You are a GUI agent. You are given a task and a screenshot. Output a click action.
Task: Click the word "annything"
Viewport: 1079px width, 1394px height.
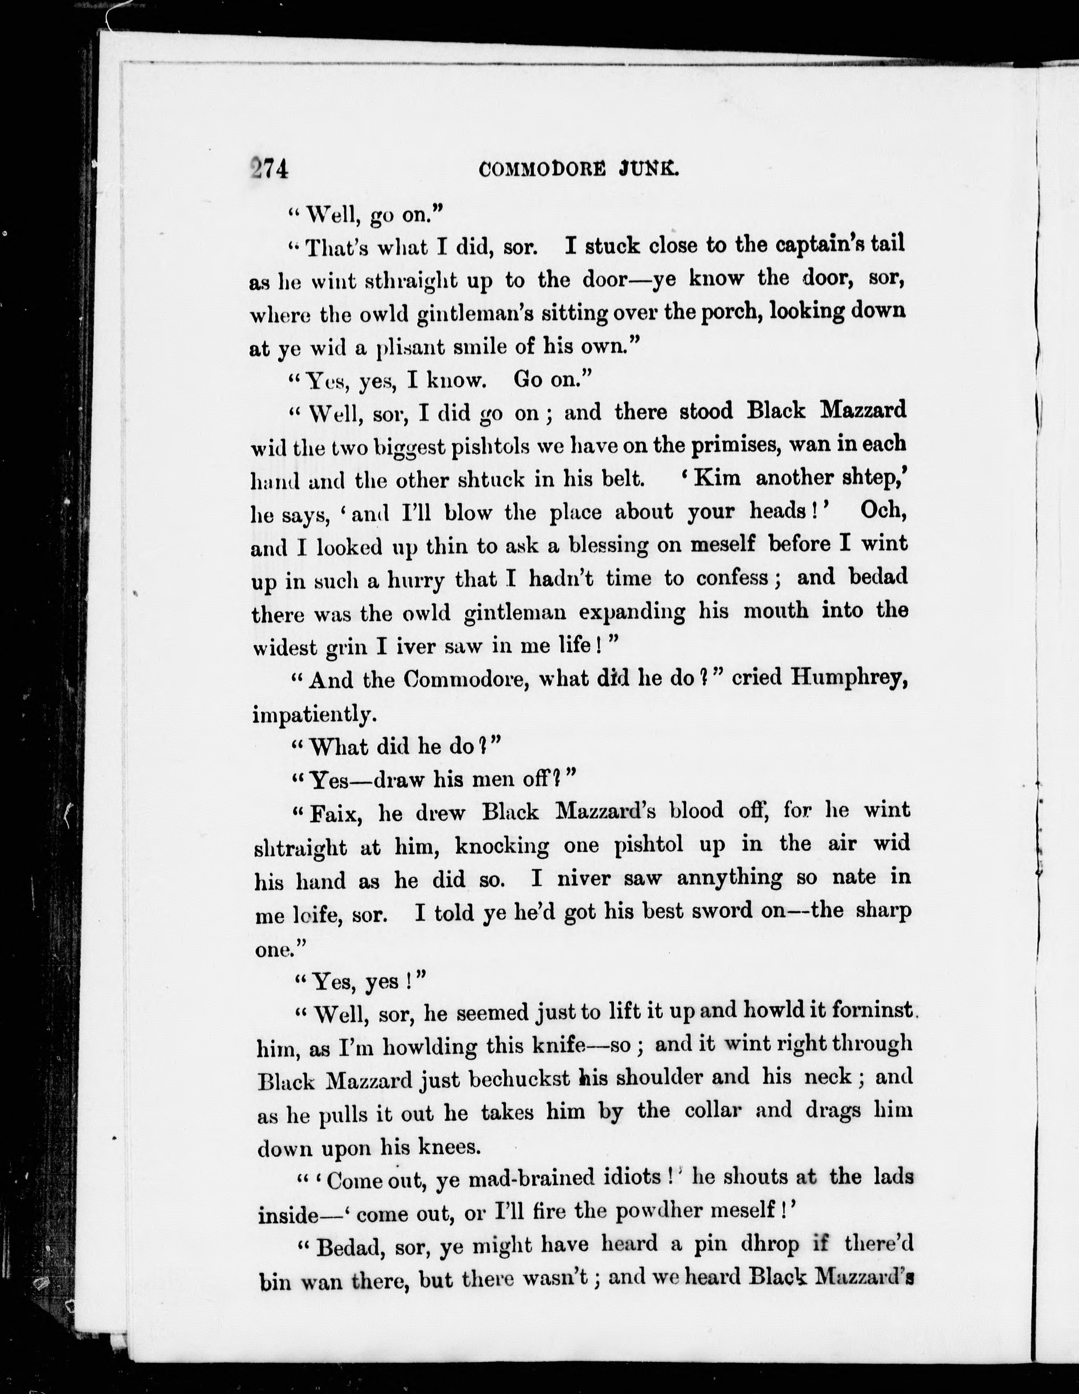[x=728, y=878]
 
